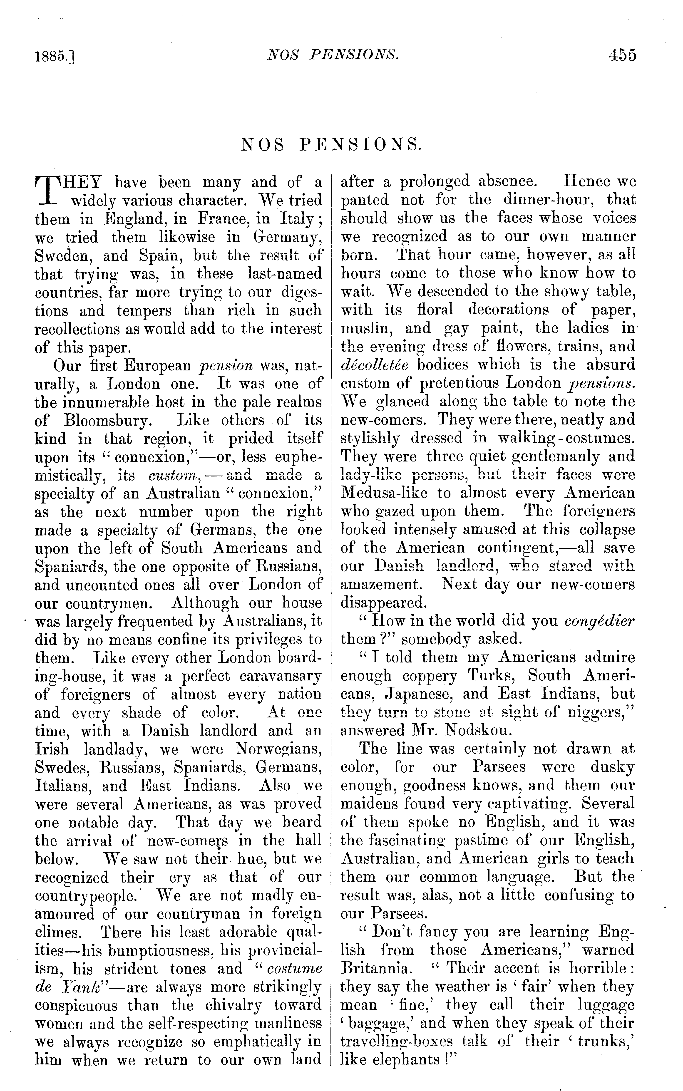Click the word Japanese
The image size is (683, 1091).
click(415, 694)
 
